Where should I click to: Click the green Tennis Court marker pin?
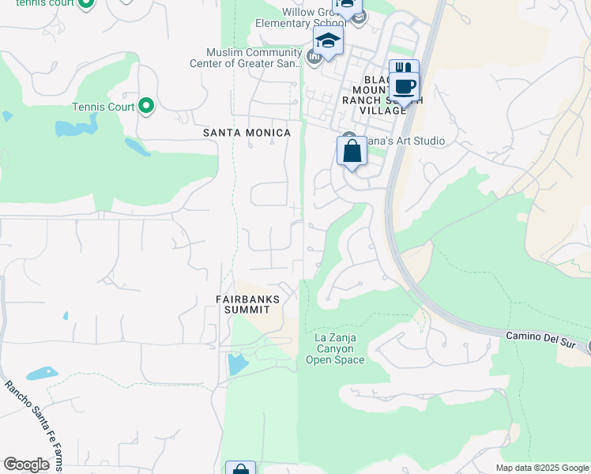[x=145, y=106]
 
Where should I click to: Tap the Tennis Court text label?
[x=104, y=107]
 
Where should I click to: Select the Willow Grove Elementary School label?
[x=314, y=17]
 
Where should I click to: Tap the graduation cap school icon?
[x=327, y=40]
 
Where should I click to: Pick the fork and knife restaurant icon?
[x=404, y=69]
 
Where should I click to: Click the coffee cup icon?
[x=405, y=87]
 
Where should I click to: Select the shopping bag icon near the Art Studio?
[x=352, y=151]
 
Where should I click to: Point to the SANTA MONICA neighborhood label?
[x=247, y=133]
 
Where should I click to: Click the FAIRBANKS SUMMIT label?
[x=247, y=303]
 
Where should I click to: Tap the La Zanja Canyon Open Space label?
[x=335, y=348]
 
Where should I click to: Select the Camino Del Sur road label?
[x=544, y=337]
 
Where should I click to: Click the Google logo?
[x=26, y=465]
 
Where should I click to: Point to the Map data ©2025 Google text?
[x=541, y=468]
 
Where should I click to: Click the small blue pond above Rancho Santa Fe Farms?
[x=42, y=373]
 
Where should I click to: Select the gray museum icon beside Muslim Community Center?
[x=314, y=56]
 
